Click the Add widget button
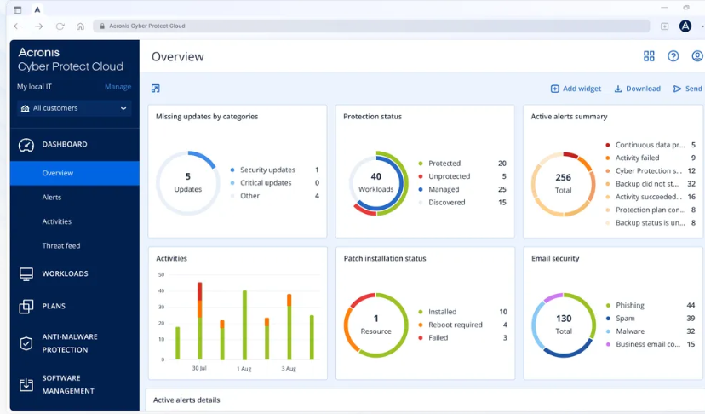[x=576, y=89]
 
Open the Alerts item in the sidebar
[x=52, y=198]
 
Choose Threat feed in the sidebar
[x=61, y=246]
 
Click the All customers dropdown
[x=74, y=108]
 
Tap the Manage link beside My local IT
[x=117, y=87]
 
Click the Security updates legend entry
[x=267, y=170]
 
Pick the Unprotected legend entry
[x=449, y=176]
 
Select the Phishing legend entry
[x=629, y=306]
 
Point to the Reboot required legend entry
[x=455, y=325]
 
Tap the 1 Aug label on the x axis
[x=244, y=369]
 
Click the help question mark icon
[x=673, y=56]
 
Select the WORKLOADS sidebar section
[x=65, y=274]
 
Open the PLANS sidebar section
[x=54, y=307]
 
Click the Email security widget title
[x=554, y=258]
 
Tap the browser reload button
[x=60, y=26]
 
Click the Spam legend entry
[x=625, y=319]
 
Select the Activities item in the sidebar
[x=57, y=221]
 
